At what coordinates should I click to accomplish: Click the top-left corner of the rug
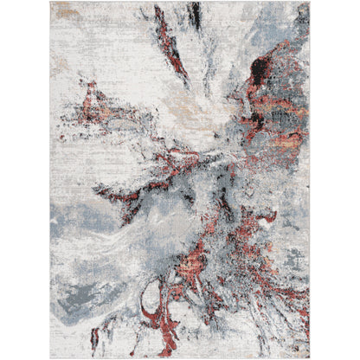tap(51, 3)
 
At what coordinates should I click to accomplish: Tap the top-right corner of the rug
tap(310, 3)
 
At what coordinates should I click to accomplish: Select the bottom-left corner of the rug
tap(51, 357)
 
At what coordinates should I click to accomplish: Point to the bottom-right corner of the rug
tap(310, 357)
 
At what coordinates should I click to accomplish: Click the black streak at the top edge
tap(196, 12)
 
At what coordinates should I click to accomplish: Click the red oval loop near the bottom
tap(157, 312)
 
